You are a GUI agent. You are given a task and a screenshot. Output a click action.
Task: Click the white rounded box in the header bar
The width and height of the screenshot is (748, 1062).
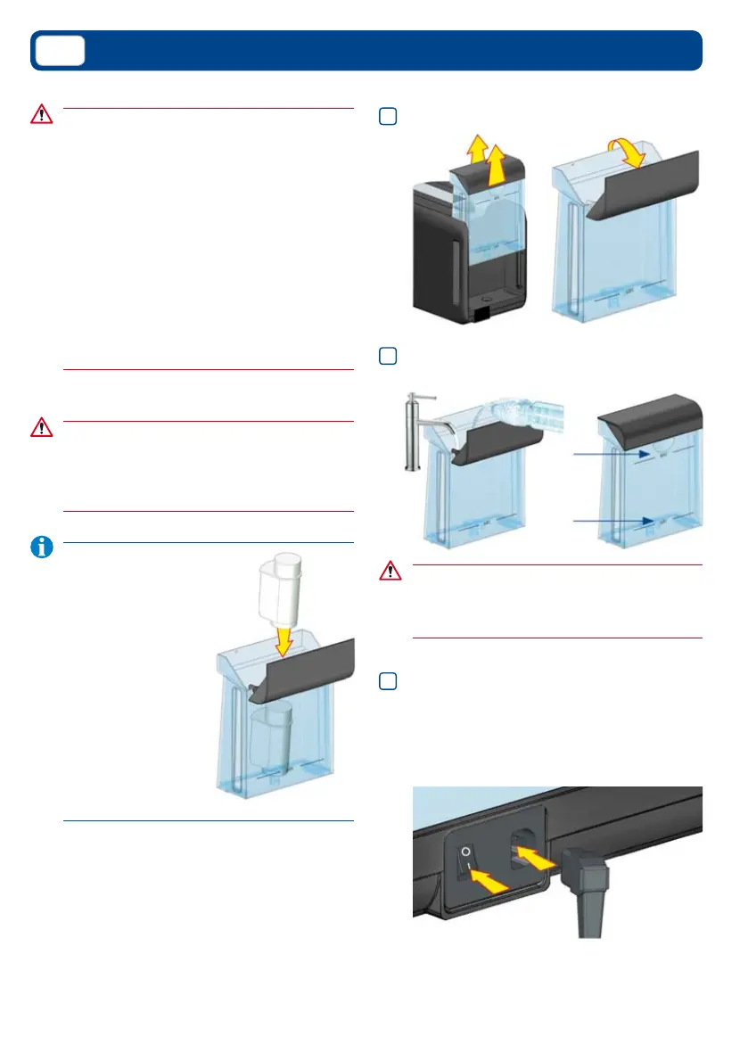60,51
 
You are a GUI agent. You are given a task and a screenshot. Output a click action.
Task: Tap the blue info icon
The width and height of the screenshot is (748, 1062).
41,547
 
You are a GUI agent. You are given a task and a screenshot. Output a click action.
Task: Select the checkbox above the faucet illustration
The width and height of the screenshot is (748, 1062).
387,356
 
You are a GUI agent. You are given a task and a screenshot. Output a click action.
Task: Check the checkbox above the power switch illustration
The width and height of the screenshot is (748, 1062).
387,681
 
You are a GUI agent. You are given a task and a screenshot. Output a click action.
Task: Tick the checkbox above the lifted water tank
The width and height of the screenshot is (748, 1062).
387,117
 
